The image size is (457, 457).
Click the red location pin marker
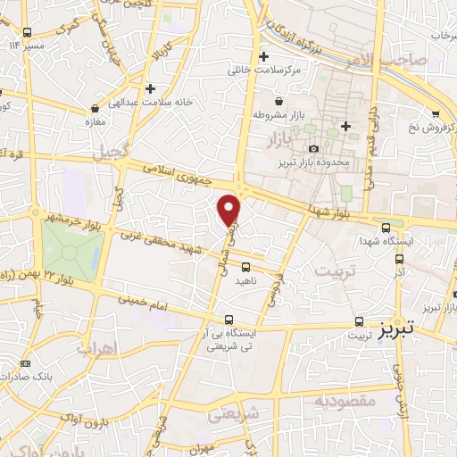230,209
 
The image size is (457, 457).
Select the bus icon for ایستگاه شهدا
386,227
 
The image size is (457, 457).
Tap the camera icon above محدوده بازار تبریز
312,148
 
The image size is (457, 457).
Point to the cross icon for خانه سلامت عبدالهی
151,88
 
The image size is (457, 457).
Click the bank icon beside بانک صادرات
24,363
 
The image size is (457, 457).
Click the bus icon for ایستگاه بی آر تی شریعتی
229,320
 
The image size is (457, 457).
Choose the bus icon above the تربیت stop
359,321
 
